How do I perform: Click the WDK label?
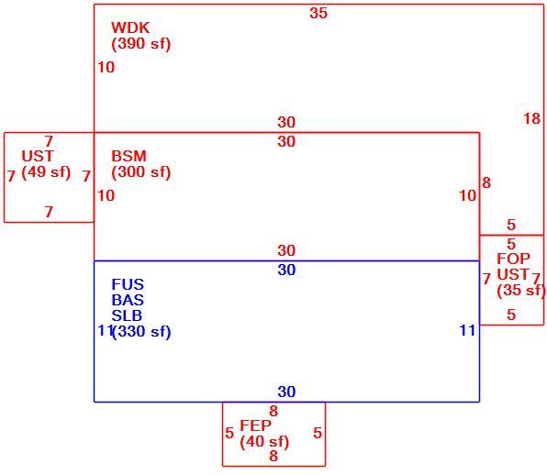point(130,28)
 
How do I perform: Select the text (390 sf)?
point(141,44)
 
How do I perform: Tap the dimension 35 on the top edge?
point(318,13)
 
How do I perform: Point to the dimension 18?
point(532,119)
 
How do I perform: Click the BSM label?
point(128,156)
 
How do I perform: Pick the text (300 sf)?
point(141,172)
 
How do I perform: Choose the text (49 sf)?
point(46,171)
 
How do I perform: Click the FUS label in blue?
point(128,284)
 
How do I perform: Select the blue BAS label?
point(128,300)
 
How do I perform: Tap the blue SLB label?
point(127,315)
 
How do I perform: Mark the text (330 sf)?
point(141,331)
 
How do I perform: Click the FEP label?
point(255,425)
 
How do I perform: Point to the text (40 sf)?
point(264,442)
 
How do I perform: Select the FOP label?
point(513,259)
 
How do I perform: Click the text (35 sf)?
point(520,291)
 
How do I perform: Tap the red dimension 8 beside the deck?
point(486,182)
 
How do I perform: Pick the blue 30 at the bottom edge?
point(286,392)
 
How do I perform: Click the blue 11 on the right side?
point(467,330)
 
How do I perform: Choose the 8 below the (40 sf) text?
point(273,456)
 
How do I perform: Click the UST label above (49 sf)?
point(38,156)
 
